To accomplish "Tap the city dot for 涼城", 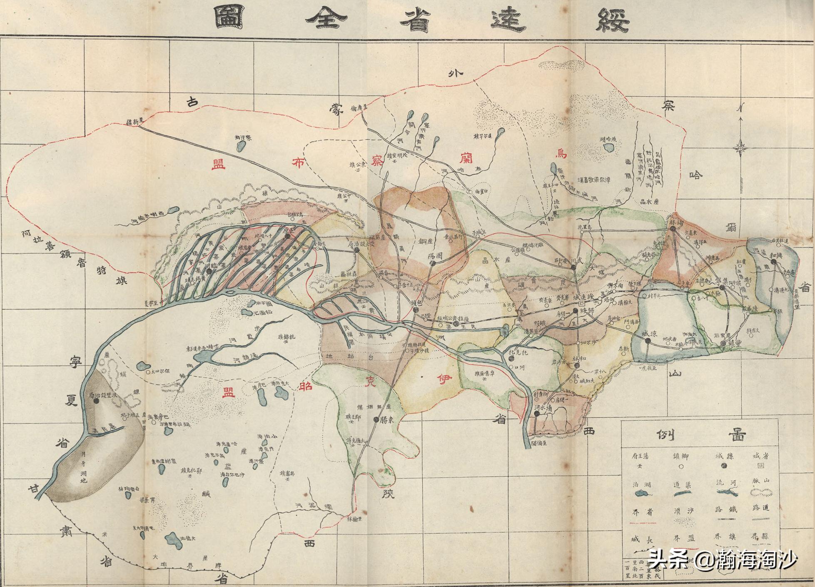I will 648,341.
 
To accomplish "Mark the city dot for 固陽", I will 433,263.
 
